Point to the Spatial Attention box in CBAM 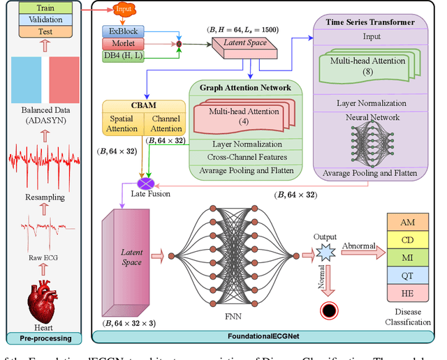123,123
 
